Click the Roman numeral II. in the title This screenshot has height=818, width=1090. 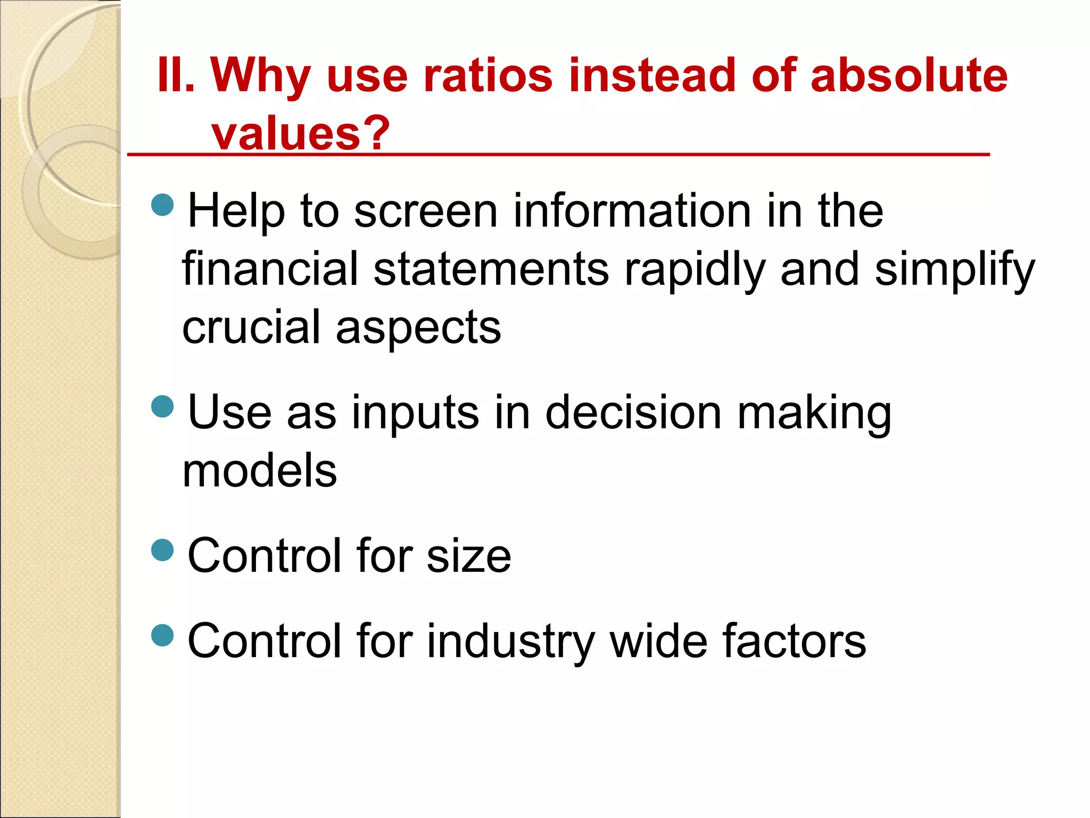pos(176,76)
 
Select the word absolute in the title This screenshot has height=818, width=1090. pos(909,76)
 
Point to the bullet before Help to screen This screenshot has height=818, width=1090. pos(163,205)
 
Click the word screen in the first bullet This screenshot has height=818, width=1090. pos(426,211)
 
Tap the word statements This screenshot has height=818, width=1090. pos(491,269)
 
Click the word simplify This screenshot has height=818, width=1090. pos(955,271)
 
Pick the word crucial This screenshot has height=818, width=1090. pos(251,327)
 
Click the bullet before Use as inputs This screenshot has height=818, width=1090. pos(163,407)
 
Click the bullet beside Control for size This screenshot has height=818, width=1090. pos(163,550)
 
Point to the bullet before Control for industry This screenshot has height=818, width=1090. pos(163,635)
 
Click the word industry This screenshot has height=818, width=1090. pos(510,642)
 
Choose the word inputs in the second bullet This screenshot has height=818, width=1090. pos(415,414)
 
